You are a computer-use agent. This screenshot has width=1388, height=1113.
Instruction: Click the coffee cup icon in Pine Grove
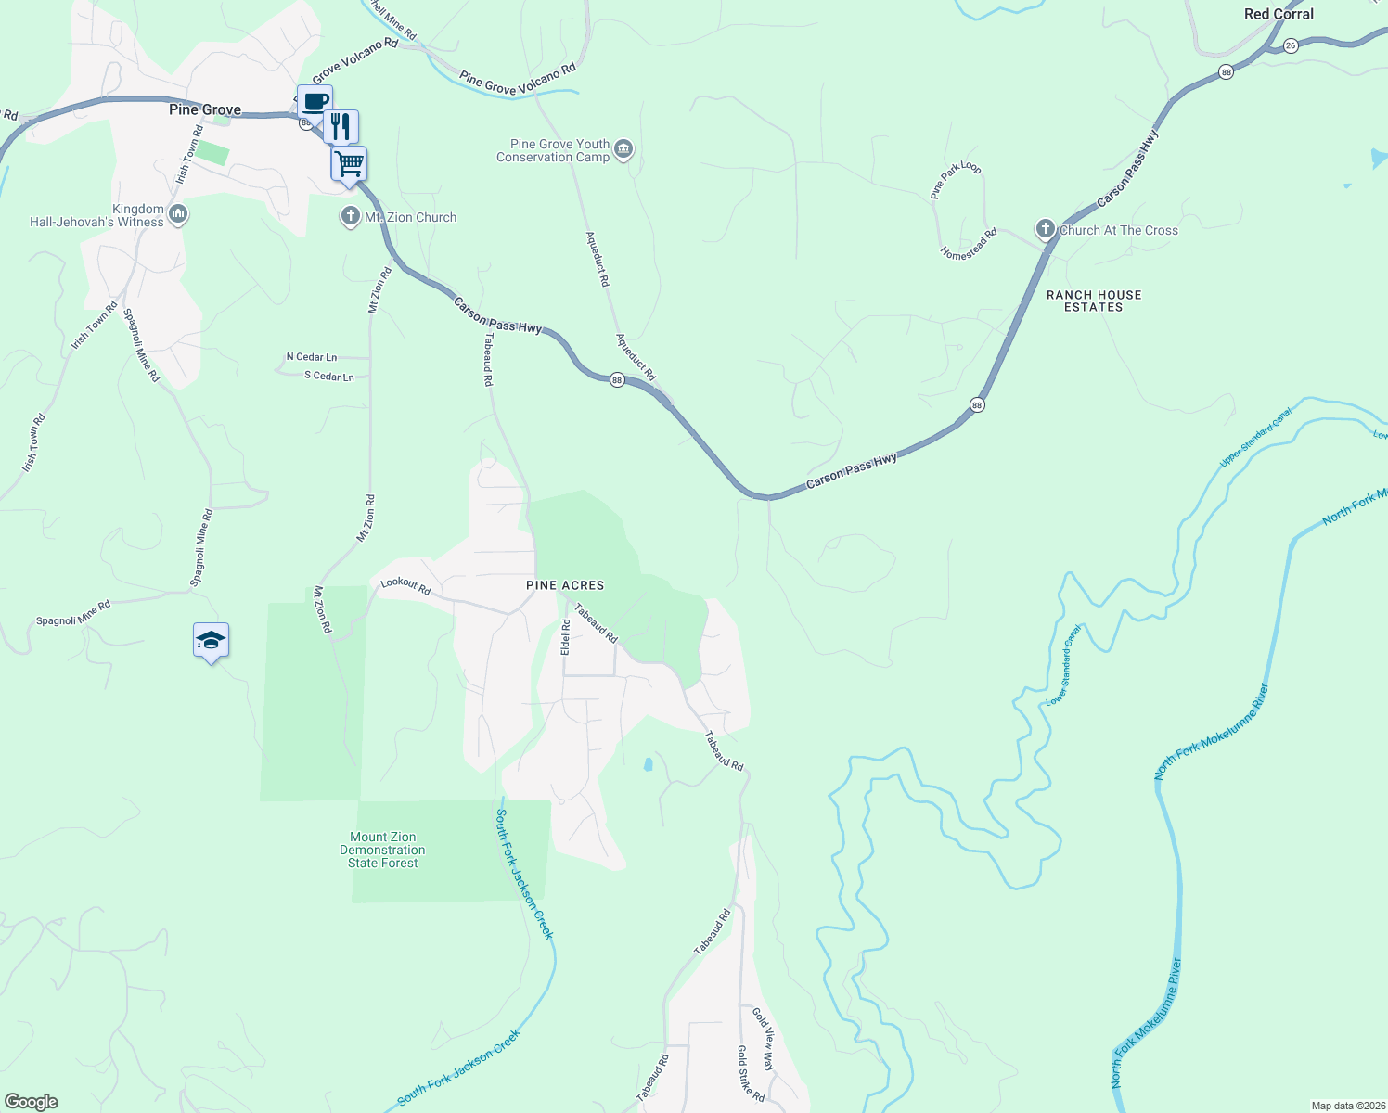tap(315, 101)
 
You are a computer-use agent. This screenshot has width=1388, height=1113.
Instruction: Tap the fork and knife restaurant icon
tap(341, 125)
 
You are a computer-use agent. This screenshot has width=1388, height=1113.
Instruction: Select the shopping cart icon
tap(349, 164)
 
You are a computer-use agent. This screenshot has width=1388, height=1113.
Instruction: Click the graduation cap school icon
tap(211, 640)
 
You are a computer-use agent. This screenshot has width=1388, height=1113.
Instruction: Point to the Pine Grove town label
tap(205, 109)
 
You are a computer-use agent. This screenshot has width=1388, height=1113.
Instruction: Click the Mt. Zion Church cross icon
tap(350, 217)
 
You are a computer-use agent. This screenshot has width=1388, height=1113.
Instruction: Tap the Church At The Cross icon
tap(1046, 230)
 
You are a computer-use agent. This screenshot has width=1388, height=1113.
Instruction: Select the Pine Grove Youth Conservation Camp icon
tap(623, 149)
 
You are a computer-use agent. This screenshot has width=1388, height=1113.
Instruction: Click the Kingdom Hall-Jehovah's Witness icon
tap(178, 215)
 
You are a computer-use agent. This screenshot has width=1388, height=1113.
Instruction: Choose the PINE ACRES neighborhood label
tap(565, 585)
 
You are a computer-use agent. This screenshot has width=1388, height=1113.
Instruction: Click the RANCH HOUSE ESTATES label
tap(1094, 301)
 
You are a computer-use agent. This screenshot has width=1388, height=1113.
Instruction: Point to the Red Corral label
tap(1279, 14)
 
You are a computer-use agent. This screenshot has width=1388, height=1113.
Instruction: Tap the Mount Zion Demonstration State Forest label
tap(382, 850)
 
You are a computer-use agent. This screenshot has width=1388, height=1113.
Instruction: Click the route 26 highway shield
tap(1291, 45)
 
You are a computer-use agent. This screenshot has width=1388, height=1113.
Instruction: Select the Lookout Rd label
tap(405, 587)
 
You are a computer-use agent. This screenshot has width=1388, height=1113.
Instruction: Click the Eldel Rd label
tap(565, 637)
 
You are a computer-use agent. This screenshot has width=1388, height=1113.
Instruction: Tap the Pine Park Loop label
tap(956, 180)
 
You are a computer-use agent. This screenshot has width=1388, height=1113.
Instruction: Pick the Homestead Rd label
tap(968, 244)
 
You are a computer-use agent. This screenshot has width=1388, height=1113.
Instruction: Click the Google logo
tap(32, 1102)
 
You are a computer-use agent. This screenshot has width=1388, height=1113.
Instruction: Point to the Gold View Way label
tap(763, 1039)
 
